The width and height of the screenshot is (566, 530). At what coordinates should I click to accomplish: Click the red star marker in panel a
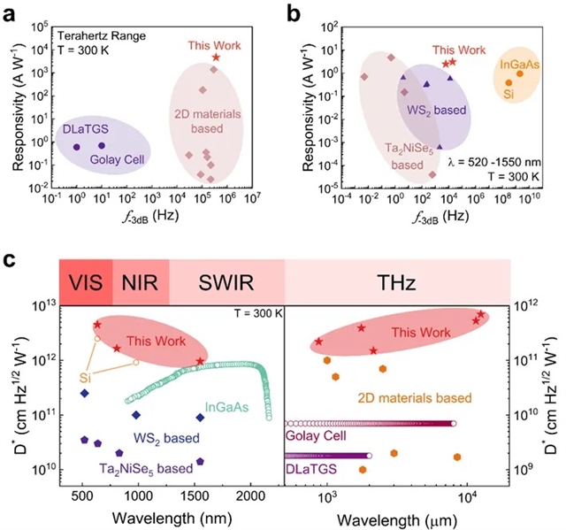pyautogui.click(x=216, y=58)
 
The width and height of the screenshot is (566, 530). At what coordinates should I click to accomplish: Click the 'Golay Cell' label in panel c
pyautogui.click(x=314, y=435)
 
